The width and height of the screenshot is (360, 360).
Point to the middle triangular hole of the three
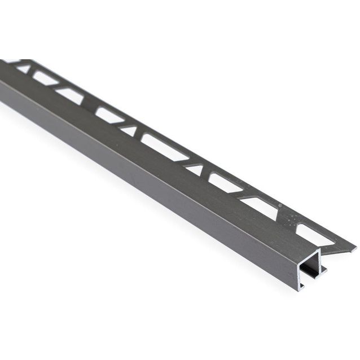point(129,131)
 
